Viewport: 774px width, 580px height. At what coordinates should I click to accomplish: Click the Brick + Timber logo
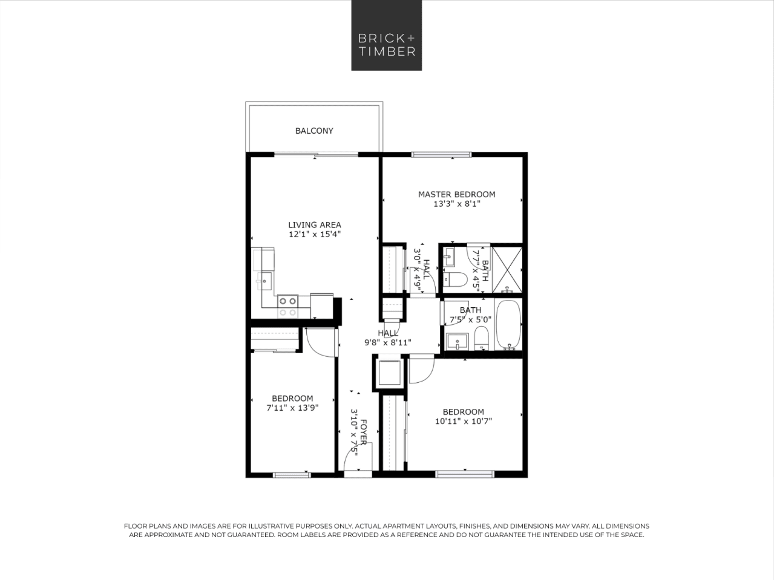pos(387,35)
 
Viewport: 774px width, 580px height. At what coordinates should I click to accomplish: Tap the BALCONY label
pos(314,131)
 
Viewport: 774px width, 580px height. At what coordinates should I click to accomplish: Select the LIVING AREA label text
pos(314,224)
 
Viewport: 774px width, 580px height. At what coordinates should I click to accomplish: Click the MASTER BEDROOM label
pos(456,194)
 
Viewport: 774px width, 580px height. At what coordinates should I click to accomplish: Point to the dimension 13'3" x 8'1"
pos(456,204)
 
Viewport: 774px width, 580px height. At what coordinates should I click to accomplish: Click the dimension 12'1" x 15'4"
pos(314,234)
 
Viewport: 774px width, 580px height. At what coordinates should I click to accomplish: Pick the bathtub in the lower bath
pos(508,325)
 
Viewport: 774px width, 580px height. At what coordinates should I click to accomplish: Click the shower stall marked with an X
pos(507,269)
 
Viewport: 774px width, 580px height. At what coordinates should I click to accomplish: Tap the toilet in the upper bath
pos(454,279)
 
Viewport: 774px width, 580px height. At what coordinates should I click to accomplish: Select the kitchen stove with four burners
pos(287,306)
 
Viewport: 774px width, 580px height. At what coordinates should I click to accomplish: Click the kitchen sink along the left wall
pos(265,281)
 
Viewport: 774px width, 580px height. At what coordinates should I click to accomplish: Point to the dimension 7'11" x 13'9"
pos(292,408)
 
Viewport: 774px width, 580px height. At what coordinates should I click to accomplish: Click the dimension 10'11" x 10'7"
pos(463,422)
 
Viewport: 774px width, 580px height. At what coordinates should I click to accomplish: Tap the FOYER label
pos(363,432)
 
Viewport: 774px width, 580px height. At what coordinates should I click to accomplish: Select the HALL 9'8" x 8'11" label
pos(388,337)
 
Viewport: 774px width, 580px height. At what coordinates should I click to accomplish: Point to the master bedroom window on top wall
pos(441,155)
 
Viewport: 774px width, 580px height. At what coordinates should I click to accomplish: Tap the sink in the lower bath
pos(457,341)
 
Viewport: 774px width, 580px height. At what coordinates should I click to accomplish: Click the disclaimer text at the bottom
pos(387,530)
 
